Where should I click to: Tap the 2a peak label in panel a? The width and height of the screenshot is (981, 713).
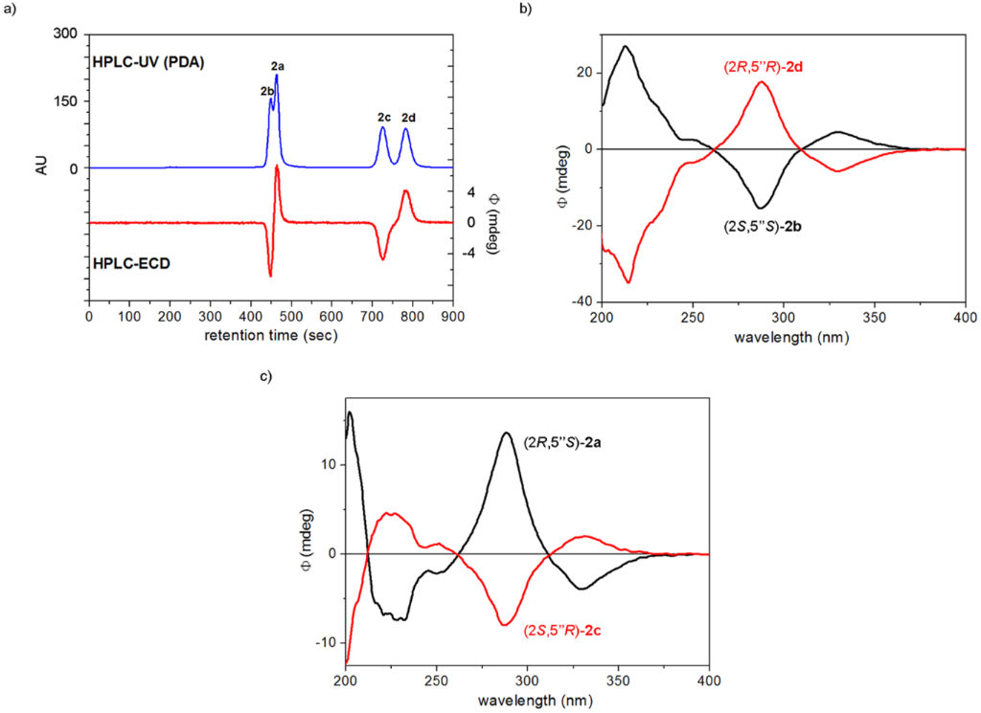coord(278,66)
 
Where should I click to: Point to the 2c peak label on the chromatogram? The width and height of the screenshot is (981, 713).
coord(383,118)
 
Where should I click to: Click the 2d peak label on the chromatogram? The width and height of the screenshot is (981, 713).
coord(408,118)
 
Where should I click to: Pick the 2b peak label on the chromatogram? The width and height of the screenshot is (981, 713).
coord(267,91)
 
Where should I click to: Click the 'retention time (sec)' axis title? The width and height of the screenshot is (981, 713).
coord(270,336)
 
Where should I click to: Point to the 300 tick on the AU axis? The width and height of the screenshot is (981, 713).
coord(65,33)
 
